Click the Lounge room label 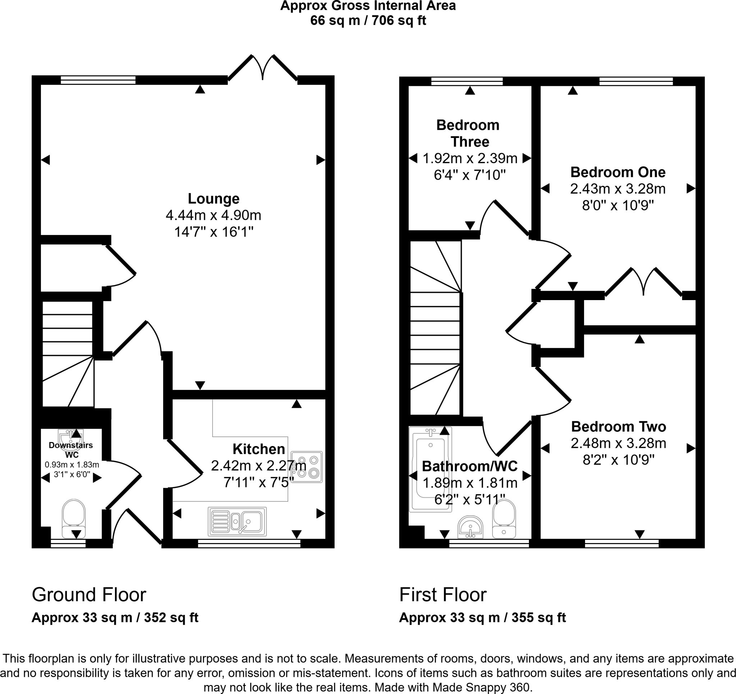(213, 198)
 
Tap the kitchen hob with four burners (307, 467)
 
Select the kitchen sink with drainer (237, 521)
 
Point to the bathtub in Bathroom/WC (430, 470)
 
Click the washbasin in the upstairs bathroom (470, 527)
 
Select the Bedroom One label (618, 172)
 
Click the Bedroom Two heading (618, 427)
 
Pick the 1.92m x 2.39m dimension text (470, 158)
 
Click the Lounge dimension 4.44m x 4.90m (213, 215)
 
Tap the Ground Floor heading (89, 595)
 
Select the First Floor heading (443, 595)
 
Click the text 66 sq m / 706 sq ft (368, 20)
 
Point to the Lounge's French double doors (263, 68)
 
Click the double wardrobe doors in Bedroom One (643, 282)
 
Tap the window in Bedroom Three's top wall (467, 81)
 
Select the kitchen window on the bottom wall (249, 543)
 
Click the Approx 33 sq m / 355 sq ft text (482, 618)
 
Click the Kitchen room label (259, 449)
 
